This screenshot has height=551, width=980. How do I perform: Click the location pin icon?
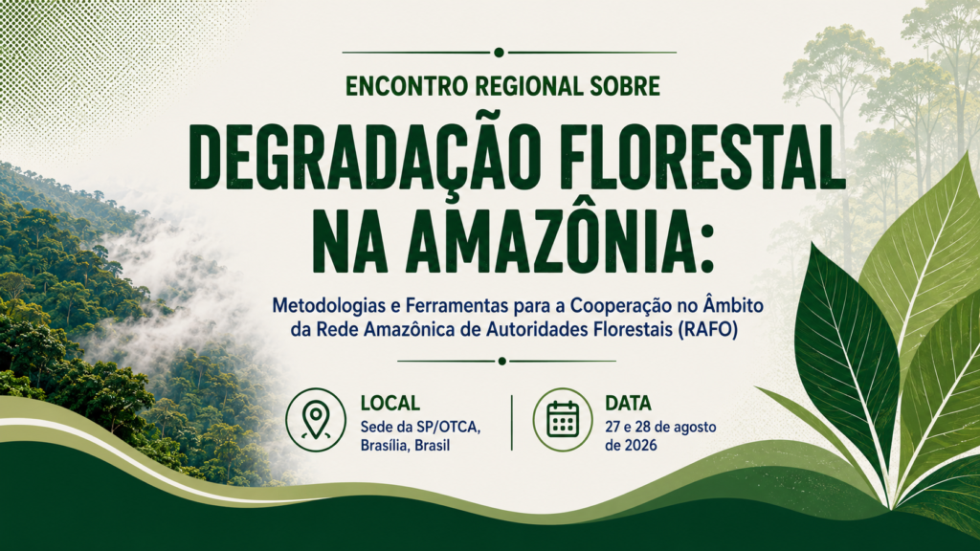316,420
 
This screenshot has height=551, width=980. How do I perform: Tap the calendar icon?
563,420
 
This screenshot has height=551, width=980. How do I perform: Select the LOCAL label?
390,403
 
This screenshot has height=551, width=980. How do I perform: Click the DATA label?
628,403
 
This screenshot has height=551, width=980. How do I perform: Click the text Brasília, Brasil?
405,446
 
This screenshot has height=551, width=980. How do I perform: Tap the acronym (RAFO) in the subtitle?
707,329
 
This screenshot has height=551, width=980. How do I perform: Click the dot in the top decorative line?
499,53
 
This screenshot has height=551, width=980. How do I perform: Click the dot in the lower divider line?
501,361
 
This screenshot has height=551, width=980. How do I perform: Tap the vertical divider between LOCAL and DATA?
512,422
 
